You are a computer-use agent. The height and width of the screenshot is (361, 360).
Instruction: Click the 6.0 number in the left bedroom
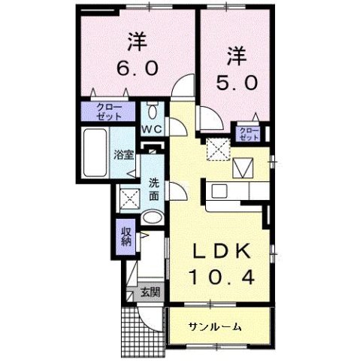pos(136,68)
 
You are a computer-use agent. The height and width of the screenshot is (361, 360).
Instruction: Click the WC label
pos(153,129)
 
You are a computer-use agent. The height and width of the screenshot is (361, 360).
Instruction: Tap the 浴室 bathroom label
pos(124,156)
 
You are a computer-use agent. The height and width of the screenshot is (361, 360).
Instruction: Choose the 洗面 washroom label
pos(153,188)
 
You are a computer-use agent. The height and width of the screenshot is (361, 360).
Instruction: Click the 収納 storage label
pos(126,235)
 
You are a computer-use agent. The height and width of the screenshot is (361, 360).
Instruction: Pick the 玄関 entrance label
pos(149,292)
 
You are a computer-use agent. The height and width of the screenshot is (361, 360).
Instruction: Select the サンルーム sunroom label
pos(215,326)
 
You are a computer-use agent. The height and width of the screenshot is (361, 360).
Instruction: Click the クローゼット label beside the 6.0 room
pos(110,114)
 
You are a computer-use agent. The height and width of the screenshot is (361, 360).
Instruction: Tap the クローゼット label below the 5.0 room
pos(248,134)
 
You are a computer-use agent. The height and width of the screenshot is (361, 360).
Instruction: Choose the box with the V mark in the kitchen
pos(244,165)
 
